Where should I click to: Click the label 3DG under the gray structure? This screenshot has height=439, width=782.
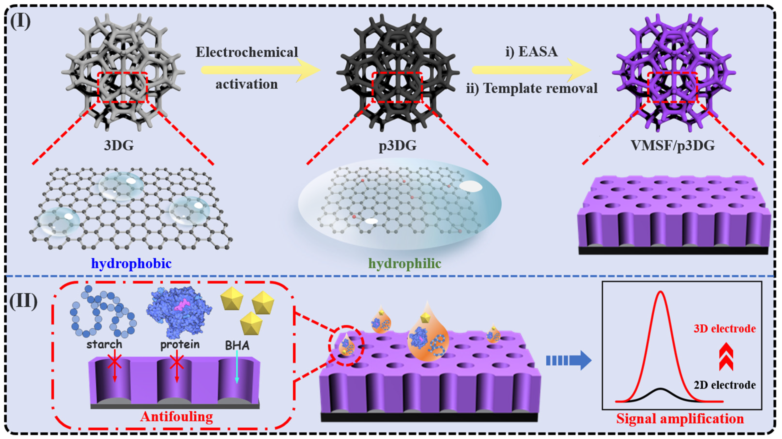[119, 145]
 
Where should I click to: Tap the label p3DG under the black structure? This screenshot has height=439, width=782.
[398, 145]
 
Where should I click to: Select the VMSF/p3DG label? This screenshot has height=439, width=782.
[673, 145]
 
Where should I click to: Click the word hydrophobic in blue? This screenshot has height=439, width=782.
[131, 263]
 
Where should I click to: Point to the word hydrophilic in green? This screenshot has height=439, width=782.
[405, 263]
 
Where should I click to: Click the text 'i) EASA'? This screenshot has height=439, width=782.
[531, 52]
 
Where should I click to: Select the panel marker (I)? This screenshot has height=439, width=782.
[21, 21]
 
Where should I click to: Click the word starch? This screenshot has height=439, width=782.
[104, 344]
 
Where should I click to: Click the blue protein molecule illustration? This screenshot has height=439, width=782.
[179, 311]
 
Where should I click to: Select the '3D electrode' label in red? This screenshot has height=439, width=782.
[725, 329]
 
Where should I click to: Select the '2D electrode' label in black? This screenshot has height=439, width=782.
[725, 385]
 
